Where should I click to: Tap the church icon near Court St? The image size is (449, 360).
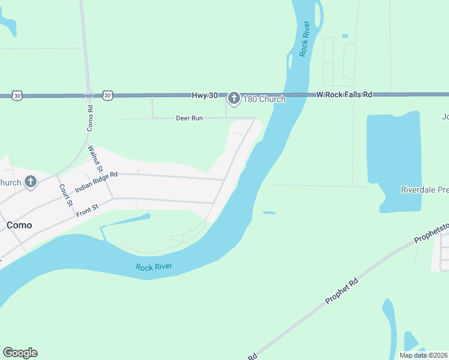coord(31,182)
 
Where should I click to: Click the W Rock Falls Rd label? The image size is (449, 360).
coord(344,95)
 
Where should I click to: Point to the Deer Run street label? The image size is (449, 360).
coord(189,118)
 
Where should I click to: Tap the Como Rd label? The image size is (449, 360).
coord(90,118)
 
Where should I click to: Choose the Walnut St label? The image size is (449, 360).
coord(94,158)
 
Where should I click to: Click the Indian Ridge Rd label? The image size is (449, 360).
coord(96,182)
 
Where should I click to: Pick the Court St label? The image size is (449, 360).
coord(65,194)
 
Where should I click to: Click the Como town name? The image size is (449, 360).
coord(19,225)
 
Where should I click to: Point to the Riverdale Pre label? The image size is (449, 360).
coord(424,190)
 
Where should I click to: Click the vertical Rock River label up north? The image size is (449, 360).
coord(304,39)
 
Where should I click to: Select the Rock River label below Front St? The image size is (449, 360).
coord(153,267)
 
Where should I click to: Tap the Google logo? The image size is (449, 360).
coord(20,353)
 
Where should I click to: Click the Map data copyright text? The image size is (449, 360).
coord(423,355)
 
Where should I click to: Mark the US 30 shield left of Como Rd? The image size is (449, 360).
coord(17,95)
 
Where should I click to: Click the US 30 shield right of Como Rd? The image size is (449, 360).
coord(107,95)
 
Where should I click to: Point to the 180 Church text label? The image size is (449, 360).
coord(264,99)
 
